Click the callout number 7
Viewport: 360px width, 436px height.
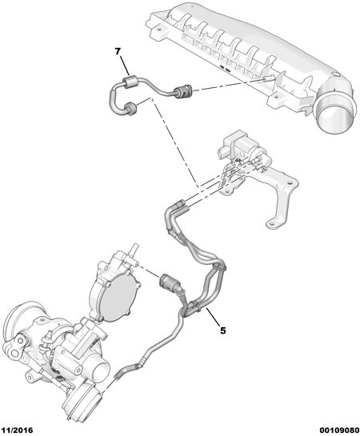[118, 51]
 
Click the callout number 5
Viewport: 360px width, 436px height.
[222, 330]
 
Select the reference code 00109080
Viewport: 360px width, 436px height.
[339, 430]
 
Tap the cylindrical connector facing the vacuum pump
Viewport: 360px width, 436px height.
[169, 284]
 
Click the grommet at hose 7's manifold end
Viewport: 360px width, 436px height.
[182, 92]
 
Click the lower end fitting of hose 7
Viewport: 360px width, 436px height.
[130, 109]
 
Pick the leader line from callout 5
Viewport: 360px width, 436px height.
[212, 316]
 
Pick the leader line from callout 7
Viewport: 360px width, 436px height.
[125, 65]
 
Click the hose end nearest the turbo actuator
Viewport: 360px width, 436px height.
[119, 374]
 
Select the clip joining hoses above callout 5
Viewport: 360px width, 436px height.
[221, 266]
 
